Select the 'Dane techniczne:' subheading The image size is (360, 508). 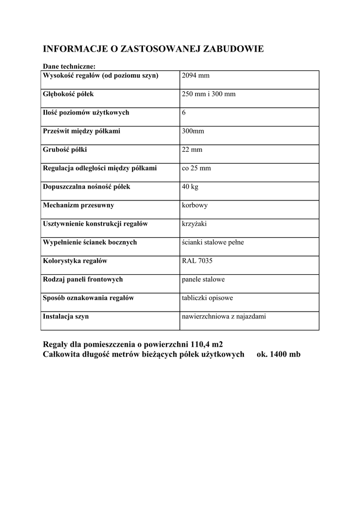click(69, 66)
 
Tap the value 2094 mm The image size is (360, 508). click(196, 75)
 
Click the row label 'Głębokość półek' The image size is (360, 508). click(69, 94)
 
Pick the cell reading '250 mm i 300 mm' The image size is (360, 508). click(209, 94)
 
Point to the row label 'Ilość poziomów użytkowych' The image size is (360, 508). click(86, 113)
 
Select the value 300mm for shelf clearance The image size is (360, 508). click(193, 131)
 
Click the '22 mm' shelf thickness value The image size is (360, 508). click(192, 150)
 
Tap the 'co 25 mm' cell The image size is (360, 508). click(197, 168)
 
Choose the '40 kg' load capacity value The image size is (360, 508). click(190, 187)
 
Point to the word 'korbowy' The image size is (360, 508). click(195, 205)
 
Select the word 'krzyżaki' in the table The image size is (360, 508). click(195, 224)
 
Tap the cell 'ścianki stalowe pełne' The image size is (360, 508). click(213, 243)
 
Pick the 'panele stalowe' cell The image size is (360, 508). click(204, 279)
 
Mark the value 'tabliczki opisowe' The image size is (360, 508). click(208, 298)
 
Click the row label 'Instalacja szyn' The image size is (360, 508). click(66, 317)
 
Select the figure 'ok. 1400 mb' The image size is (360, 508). click(279, 354)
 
